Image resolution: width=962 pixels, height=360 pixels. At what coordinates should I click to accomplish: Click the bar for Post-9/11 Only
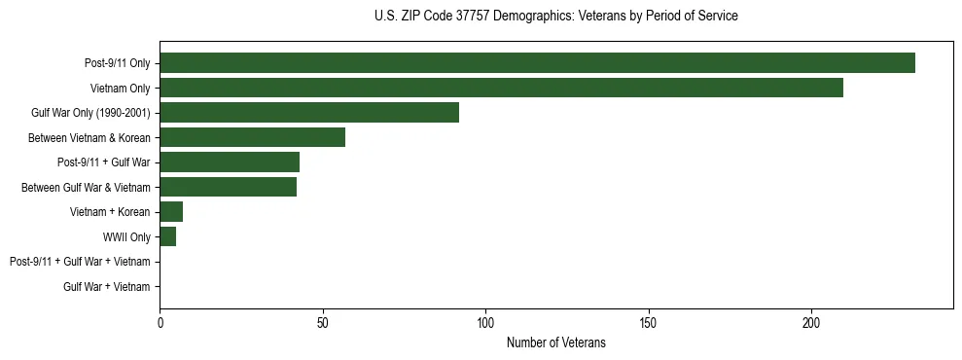pos(537,63)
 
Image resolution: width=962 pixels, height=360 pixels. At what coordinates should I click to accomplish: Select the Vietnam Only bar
pos(501,89)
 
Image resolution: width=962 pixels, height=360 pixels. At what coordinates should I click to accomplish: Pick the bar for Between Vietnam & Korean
pos(252,138)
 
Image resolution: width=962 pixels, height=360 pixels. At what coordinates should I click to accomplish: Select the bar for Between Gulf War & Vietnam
pos(228,188)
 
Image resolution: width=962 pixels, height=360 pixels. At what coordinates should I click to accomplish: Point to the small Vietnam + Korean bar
pos(171,212)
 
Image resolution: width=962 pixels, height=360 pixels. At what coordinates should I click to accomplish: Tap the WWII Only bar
pos(167,237)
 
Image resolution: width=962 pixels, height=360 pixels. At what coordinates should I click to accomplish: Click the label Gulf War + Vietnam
pos(107,287)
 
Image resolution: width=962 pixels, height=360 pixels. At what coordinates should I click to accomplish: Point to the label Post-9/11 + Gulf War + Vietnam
pos(80,262)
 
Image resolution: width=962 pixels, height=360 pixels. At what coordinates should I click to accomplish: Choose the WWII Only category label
pos(126,237)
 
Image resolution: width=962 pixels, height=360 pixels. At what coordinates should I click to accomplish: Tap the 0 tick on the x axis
pos(160,323)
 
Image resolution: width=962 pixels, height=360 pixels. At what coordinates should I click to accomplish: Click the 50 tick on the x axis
pos(323,323)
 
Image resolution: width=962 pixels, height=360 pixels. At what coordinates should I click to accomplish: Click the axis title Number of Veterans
pos(555,342)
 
